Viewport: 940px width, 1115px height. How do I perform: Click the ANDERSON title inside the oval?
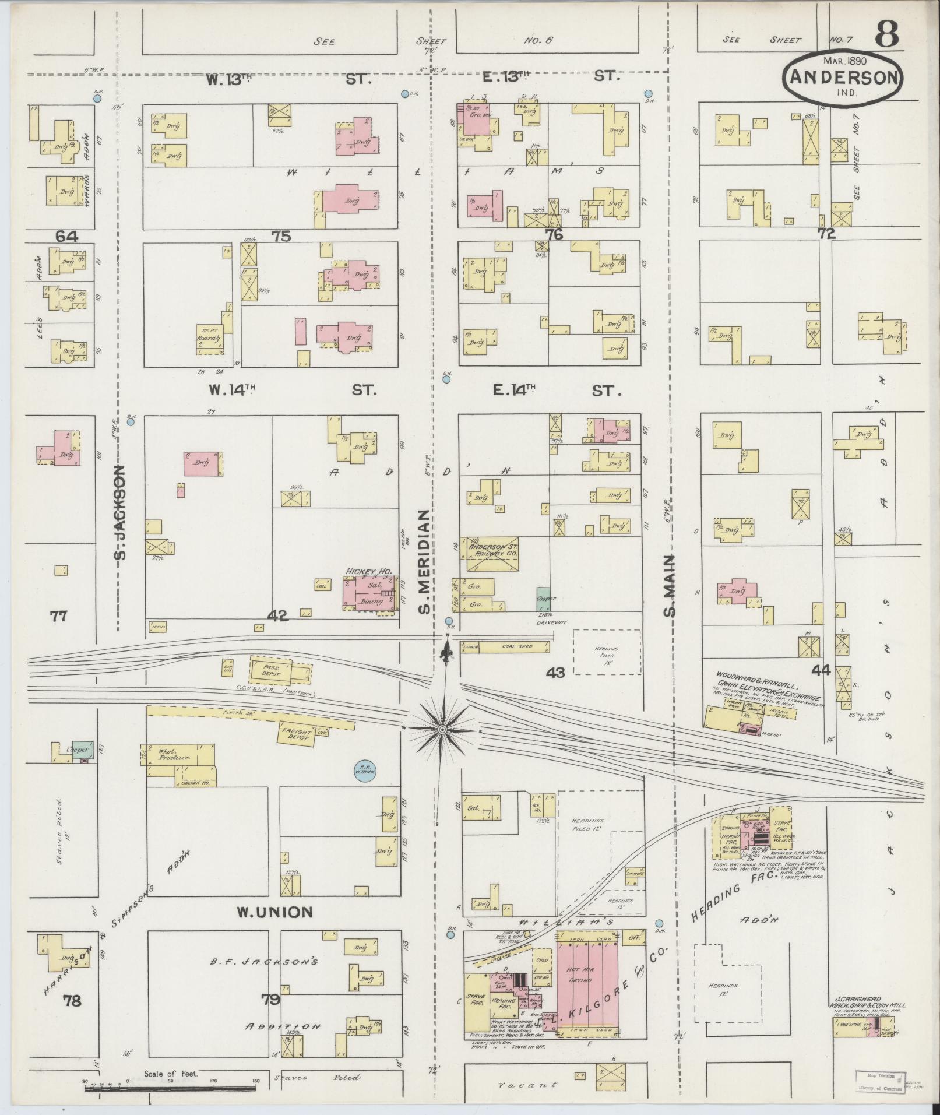[x=843, y=77]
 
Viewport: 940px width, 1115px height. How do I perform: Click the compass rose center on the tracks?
[x=442, y=730]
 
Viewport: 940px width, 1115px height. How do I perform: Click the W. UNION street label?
[x=274, y=912]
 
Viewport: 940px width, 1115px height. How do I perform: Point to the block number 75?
[x=281, y=236]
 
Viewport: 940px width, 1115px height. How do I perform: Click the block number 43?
[x=556, y=672]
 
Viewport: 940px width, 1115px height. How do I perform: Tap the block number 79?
[x=271, y=1001]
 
